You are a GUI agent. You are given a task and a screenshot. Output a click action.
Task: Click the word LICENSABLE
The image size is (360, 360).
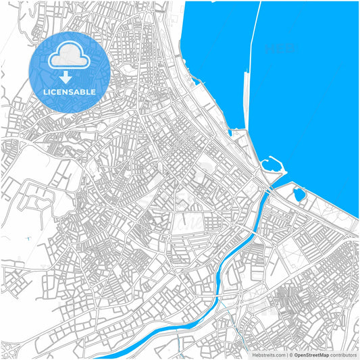tap(70, 91)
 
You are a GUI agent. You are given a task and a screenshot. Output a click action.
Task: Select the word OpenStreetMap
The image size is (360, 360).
tap(311, 355)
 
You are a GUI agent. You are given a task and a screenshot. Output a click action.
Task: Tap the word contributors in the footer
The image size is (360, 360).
tap(343, 355)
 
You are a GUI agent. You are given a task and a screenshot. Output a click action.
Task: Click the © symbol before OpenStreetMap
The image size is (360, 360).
tap(290, 355)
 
